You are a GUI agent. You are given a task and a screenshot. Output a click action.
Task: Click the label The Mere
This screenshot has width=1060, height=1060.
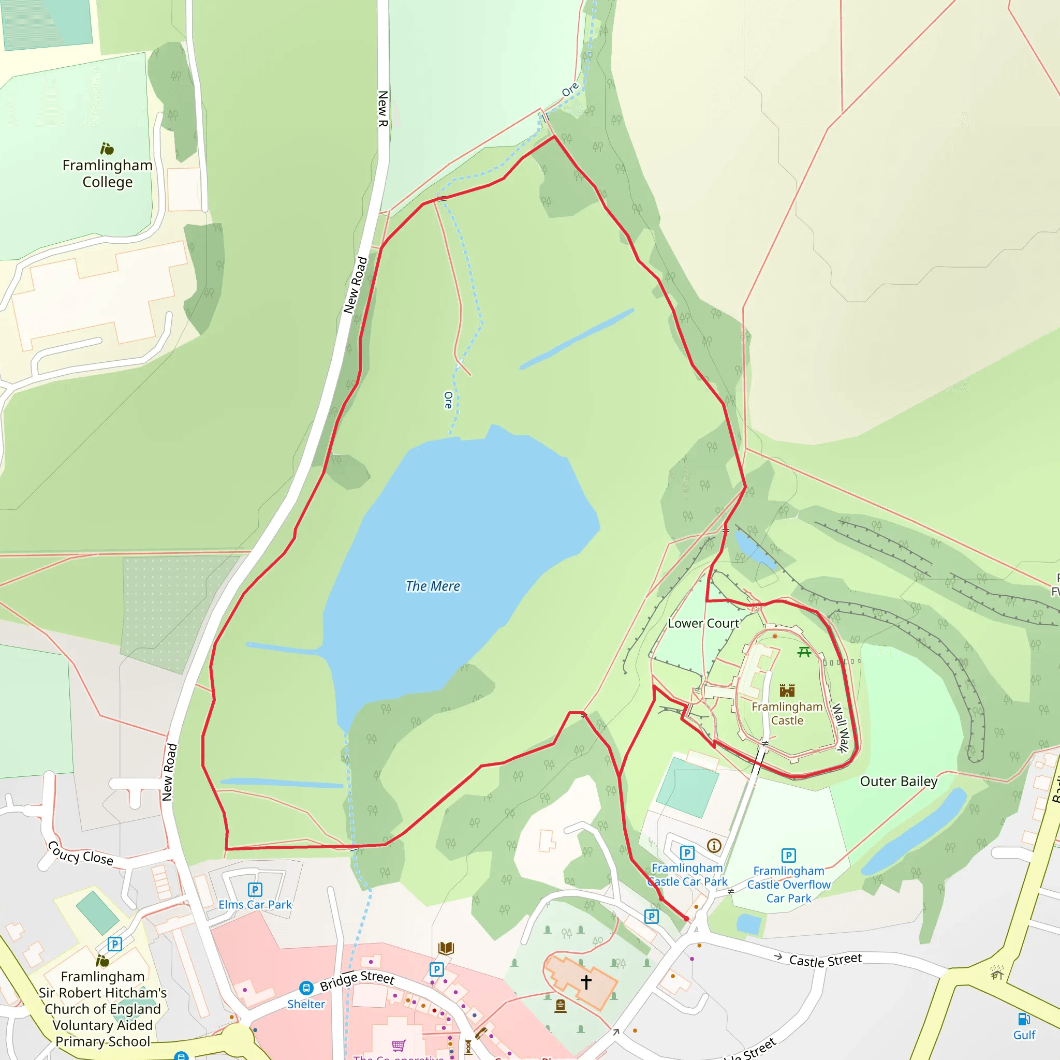[x=432, y=586]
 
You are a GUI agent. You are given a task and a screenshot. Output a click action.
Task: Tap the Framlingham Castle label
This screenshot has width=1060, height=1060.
[x=787, y=713]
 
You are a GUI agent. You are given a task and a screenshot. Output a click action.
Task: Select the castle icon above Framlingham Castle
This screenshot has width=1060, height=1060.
[x=787, y=690]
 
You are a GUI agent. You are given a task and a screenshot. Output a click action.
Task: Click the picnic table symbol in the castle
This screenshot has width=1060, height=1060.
[x=804, y=652]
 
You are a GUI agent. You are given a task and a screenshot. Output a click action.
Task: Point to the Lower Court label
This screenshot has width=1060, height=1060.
[x=703, y=623]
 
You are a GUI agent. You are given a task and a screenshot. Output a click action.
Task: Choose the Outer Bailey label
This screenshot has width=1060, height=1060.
[x=899, y=781]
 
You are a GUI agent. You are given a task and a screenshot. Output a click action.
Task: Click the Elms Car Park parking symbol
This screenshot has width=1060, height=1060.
[x=255, y=889]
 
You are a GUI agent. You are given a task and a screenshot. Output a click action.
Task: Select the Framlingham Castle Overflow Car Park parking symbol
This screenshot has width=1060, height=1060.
[x=788, y=856]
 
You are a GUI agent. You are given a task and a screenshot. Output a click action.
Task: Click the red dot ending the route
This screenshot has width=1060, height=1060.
[x=686, y=919]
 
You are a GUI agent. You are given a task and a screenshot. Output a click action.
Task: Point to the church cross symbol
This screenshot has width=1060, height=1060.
[x=586, y=982]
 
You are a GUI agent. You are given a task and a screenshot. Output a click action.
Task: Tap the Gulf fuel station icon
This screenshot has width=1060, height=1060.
[x=1024, y=1019]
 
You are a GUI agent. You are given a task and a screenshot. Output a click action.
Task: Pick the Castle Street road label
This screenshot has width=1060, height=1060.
[x=825, y=960]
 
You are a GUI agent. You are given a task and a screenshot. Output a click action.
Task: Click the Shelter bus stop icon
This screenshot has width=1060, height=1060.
[x=306, y=988]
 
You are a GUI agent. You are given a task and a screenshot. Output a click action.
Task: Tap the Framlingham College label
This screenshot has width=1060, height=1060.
[x=108, y=173]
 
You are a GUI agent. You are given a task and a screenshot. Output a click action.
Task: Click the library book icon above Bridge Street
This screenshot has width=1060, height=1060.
[x=446, y=948]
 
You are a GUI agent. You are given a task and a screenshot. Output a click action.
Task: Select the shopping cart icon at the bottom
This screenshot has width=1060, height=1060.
[x=399, y=1044]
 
